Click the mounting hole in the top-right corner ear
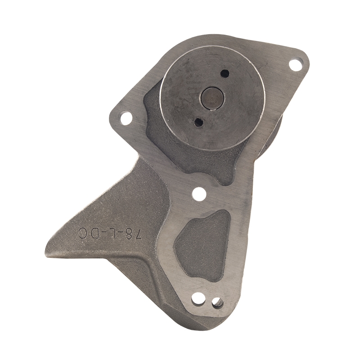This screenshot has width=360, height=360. coord(296,64)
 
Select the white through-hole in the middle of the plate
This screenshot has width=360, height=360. coord(199,193)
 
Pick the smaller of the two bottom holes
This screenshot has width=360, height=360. coord(217,302)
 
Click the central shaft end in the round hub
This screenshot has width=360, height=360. coord(212,98)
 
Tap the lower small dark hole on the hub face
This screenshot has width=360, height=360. coord(198,122)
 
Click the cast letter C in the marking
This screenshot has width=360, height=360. coord(83,233)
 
